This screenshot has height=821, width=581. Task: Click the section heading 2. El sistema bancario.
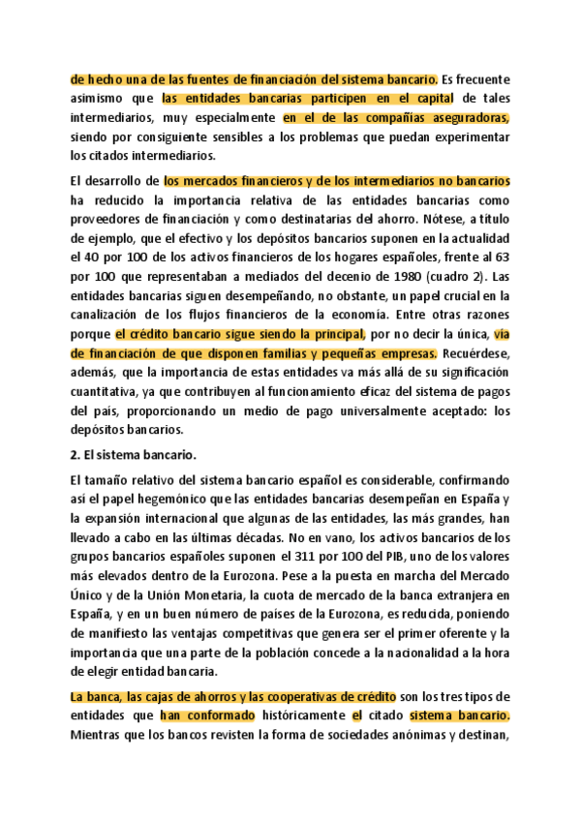pyautogui.click(x=129, y=453)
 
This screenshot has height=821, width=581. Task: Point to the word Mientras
pyautogui.click(x=101, y=734)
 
